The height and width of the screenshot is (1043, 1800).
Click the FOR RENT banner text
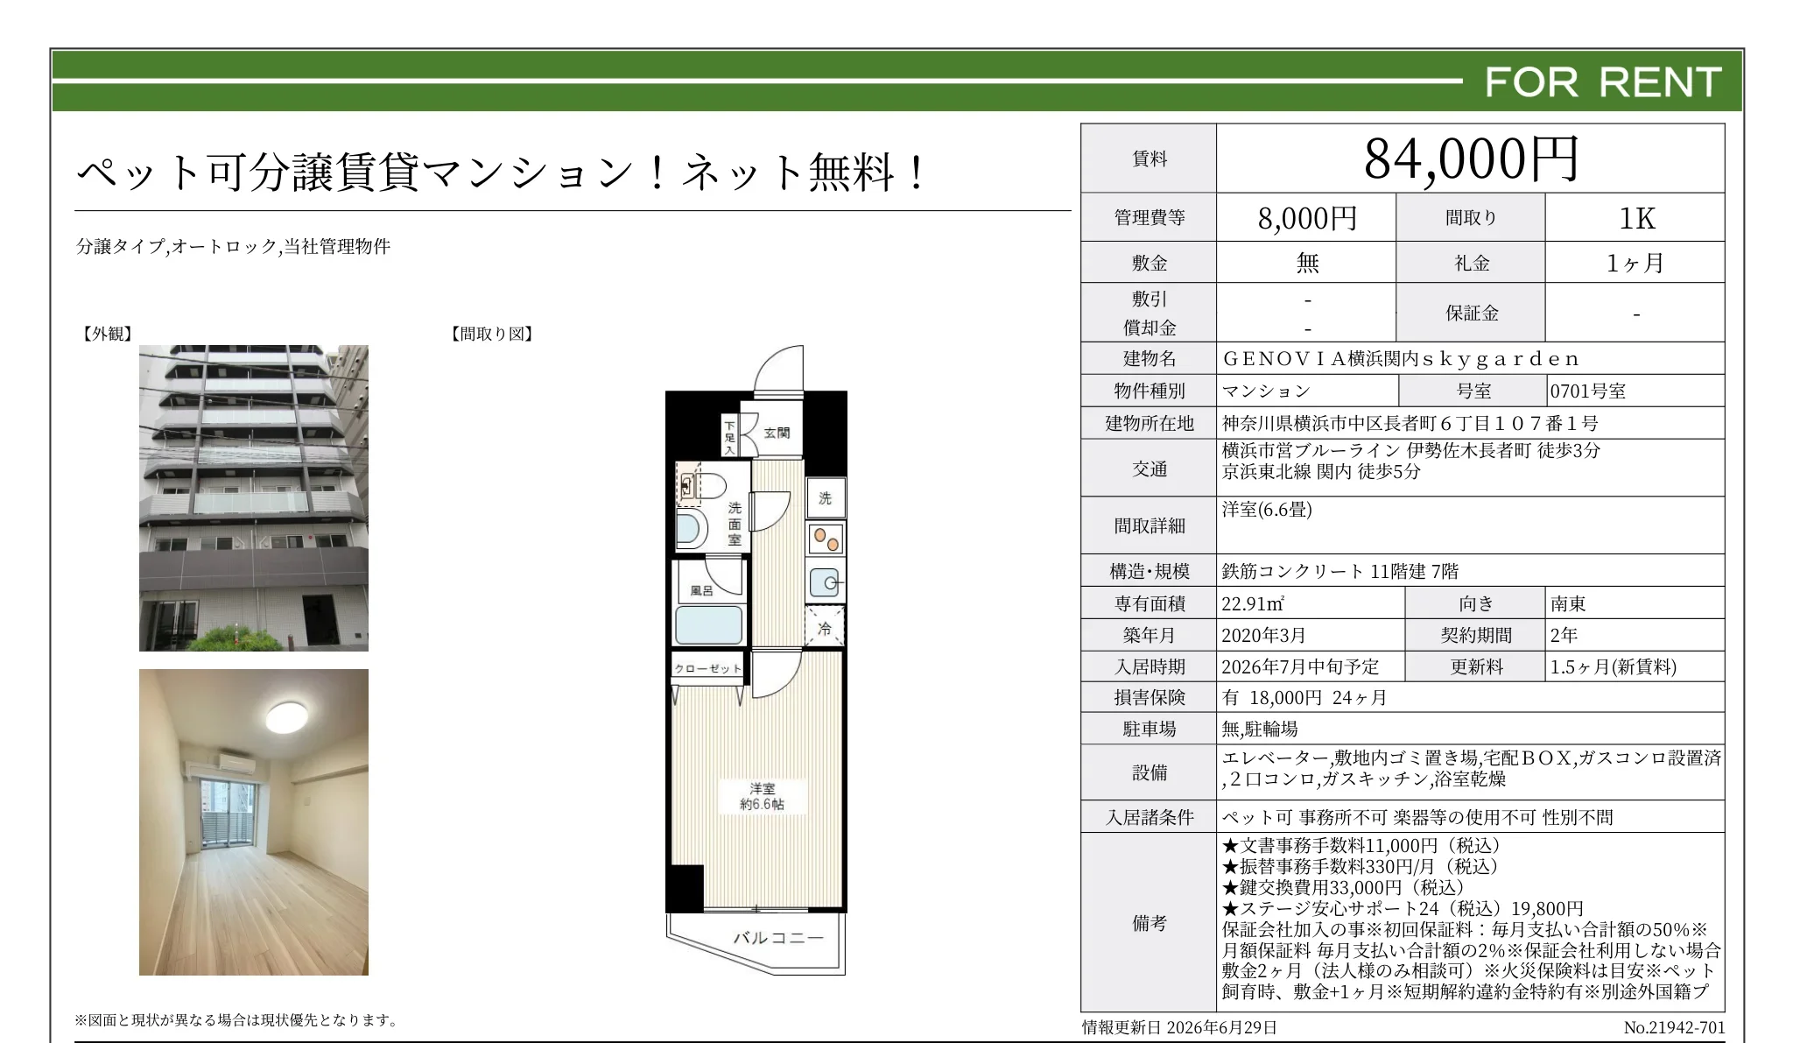pyautogui.click(x=1603, y=82)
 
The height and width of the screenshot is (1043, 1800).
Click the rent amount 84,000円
pyautogui.click(x=1471, y=159)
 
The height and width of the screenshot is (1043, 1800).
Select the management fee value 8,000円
pyautogui.click(x=1307, y=218)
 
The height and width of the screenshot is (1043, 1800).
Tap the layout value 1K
pyautogui.click(x=1636, y=218)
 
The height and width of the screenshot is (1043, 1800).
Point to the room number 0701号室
pyautogui.click(x=1588, y=391)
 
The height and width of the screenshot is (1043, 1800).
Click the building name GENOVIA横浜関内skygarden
pyautogui.click(x=1401, y=359)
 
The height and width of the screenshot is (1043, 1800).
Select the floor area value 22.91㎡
pyautogui.click(x=1253, y=604)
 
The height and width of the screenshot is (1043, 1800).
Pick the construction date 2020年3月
pyautogui.click(x=1264, y=636)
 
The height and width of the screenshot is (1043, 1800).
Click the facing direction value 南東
pyautogui.click(x=1568, y=604)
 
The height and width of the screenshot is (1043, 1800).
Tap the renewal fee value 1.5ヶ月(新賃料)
pyautogui.click(x=1614, y=667)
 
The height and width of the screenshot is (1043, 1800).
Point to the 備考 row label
pyautogui.click(x=1150, y=923)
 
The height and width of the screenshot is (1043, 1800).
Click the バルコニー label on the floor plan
pyautogui.click(x=778, y=938)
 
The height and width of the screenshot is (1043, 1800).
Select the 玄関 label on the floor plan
pyautogui.click(x=777, y=433)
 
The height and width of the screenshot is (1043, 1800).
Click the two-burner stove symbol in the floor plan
pyautogui.click(x=826, y=539)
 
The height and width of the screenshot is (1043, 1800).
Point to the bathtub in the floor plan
pyautogui.click(x=709, y=625)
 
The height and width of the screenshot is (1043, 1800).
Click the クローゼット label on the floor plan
pyautogui.click(x=707, y=669)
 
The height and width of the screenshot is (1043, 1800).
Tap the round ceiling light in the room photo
pyautogui.click(x=287, y=717)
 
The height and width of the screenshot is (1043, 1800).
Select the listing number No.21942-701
pyautogui.click(x=1674, y=1027)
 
